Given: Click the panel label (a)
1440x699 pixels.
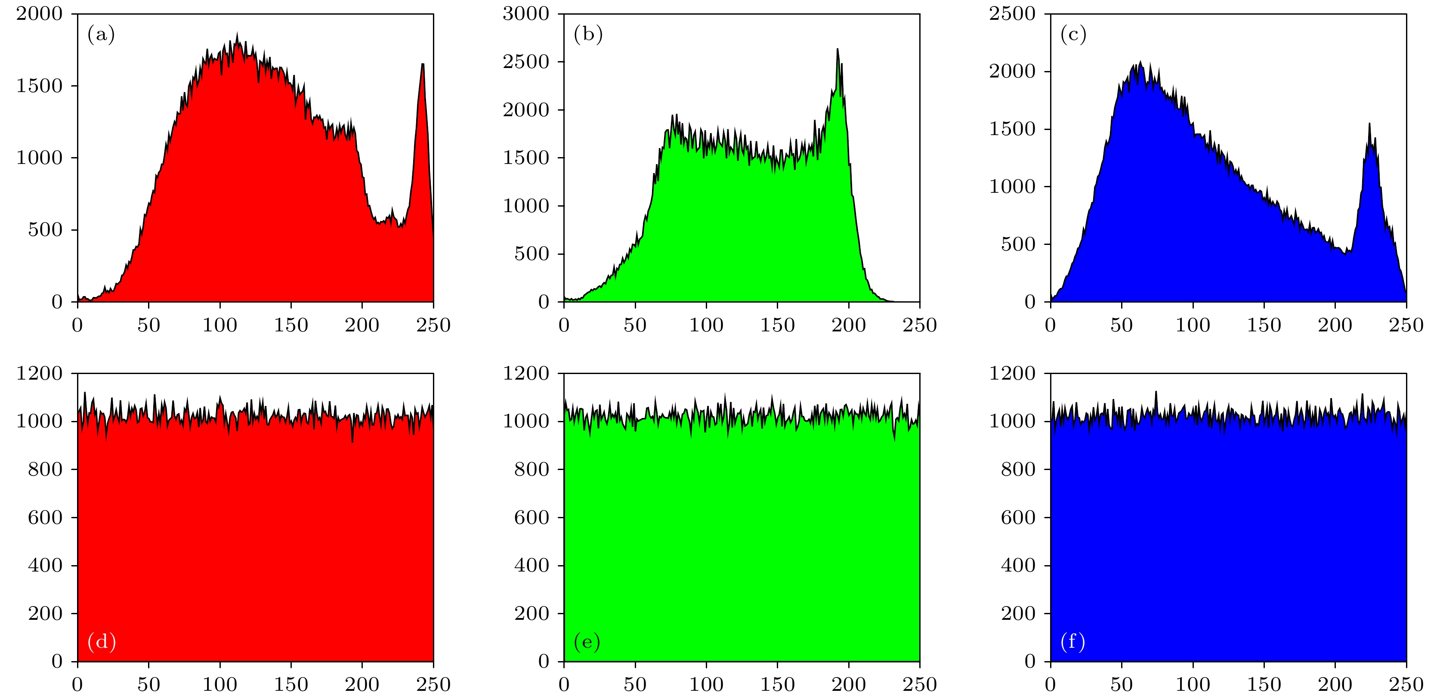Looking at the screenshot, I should point(101,35).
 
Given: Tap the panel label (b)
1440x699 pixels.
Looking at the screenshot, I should point(588,35).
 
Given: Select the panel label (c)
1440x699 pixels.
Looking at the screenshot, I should point(1073,35).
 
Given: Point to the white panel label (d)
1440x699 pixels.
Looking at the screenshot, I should point(102,641).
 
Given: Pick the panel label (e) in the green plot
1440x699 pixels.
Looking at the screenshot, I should point(587,641).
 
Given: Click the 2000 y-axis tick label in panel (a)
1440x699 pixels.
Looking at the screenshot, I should point(39,13).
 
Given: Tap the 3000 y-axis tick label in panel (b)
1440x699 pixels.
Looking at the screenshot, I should point(526,13).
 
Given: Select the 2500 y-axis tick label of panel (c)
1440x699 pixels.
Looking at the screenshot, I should point(1012,13).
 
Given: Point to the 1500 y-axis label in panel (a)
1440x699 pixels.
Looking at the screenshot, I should point(39,86).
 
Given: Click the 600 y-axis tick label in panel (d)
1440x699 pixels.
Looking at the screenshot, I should point(45,517).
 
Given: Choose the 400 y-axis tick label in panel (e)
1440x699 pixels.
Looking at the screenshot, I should point(532,565).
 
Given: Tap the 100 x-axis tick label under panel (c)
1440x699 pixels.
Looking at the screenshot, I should point(1193,325).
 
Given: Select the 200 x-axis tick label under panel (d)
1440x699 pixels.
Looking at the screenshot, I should point(362,684).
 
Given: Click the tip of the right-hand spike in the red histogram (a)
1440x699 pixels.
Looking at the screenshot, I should point(423,64).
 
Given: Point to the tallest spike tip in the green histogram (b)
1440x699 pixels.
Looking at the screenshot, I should point(837,49).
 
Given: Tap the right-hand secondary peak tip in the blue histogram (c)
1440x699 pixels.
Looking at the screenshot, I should point(1369,124).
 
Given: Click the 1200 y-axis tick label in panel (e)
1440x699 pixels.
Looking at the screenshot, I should point(526,373).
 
